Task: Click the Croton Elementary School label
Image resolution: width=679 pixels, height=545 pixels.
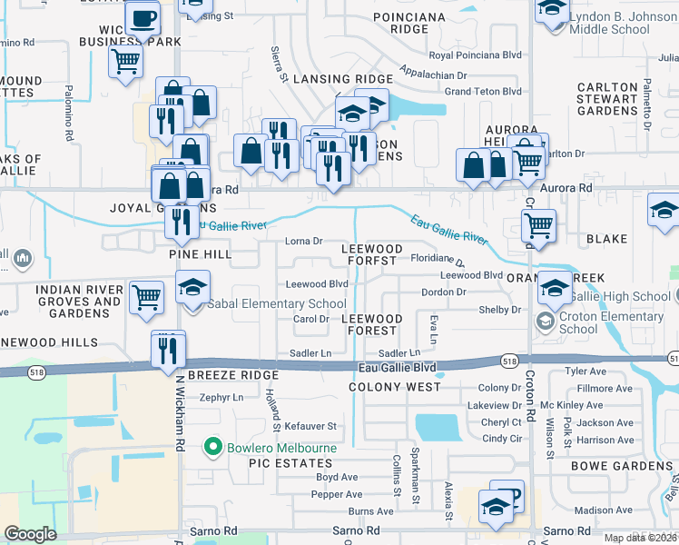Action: [604, 323]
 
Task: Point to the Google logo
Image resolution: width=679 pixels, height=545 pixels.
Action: [30, 534]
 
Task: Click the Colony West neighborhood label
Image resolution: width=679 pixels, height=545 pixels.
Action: [395, 386]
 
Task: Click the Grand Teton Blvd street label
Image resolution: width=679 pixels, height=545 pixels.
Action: [483, 91]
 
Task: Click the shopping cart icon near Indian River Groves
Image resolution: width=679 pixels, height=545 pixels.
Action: [147, 296]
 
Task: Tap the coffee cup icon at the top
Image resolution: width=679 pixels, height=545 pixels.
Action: [142, 18]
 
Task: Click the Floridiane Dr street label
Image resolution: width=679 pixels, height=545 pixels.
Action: [437, 259]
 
